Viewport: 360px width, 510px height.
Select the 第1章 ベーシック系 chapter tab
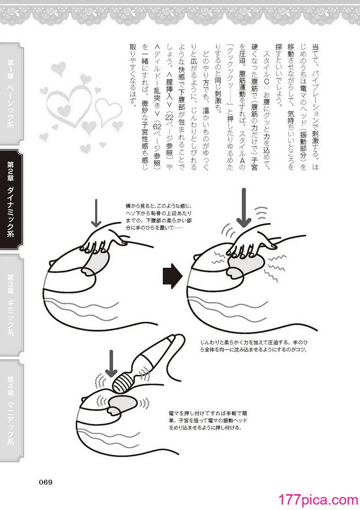(x=12, y=94)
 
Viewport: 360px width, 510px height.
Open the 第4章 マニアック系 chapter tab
(x=12, y=410)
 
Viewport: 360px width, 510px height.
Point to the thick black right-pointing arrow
(x=173, y=277)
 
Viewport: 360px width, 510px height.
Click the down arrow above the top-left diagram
(x=96, y=213)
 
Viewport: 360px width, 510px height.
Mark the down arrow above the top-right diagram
(x=244, y=208)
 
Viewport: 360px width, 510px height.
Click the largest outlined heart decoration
(x=68, y=106)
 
